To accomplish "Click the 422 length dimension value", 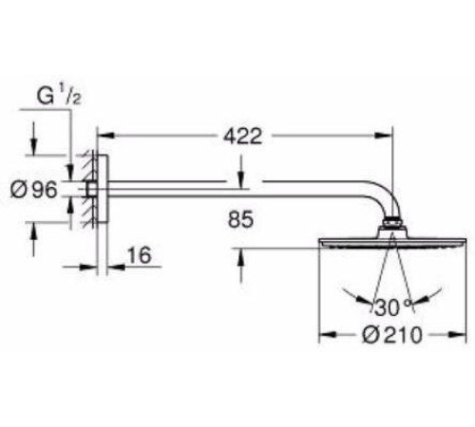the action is [x=243, y=137].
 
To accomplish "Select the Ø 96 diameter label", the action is [x=34, y=190].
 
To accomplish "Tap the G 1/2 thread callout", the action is [x=59, y=96].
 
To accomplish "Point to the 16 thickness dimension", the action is [x=140, y=255].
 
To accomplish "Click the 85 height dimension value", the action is [x=240, y=219].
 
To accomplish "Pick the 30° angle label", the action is [x=393, y=307].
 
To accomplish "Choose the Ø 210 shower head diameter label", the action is [x=392, y=335].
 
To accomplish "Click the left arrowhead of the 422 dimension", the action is [x=105, y=136].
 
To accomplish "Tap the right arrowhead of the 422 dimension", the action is [x=384, y=136].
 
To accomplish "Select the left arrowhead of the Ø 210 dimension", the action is [x=327, y=334].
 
